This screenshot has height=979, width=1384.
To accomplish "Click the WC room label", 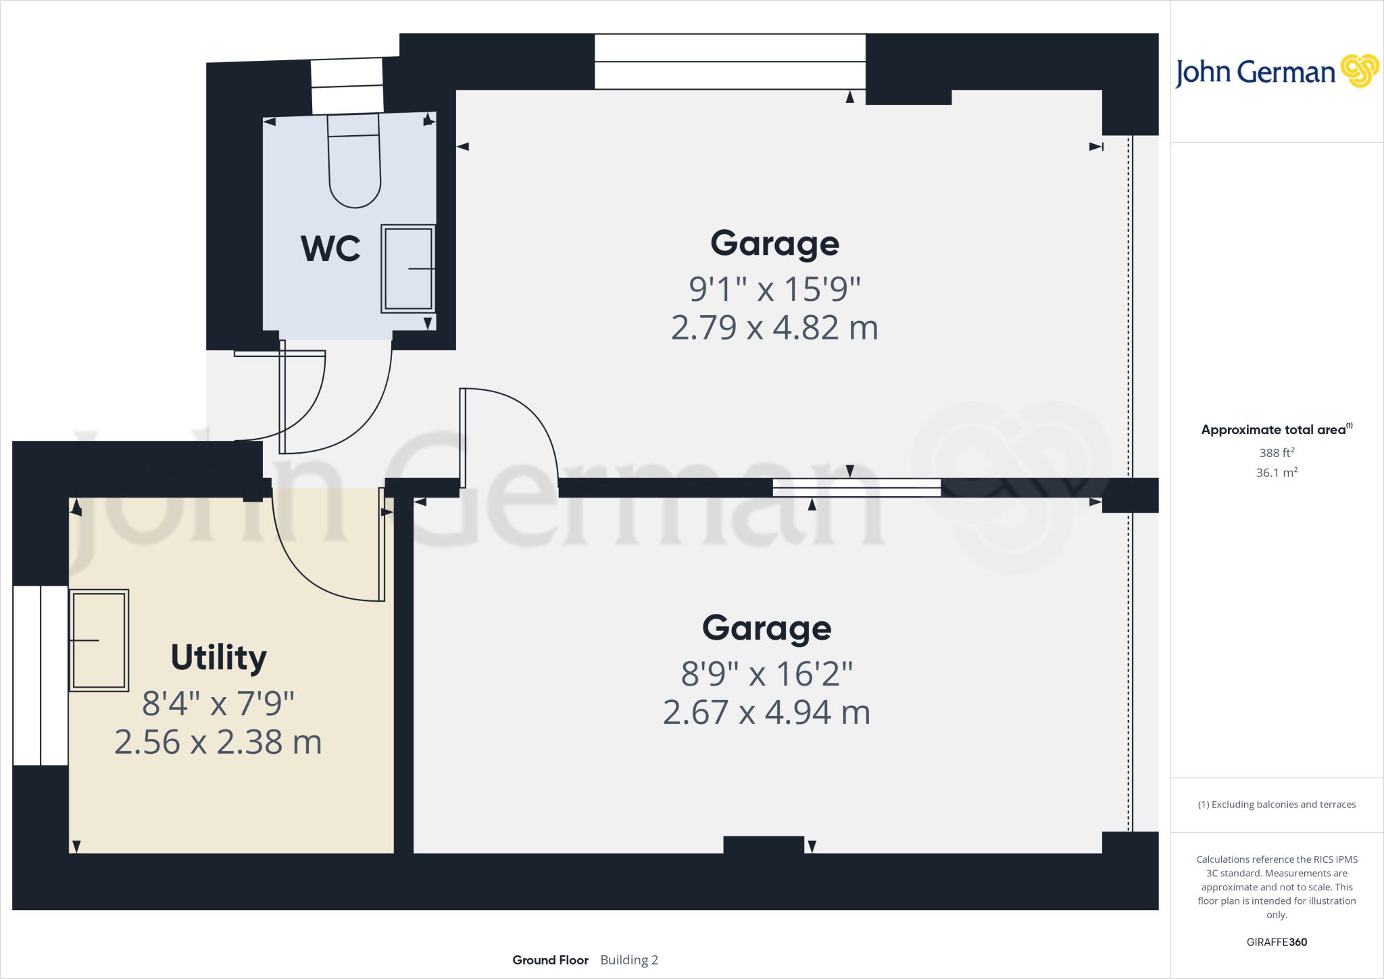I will pyautogui.click(x=330, y=249).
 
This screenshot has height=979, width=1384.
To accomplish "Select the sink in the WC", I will pyautogui.click(x=408, y=268).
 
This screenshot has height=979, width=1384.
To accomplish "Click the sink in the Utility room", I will pyautogui.click(x=99, y=640).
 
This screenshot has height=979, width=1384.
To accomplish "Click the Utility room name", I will pyautogui.click(x=218, y=658).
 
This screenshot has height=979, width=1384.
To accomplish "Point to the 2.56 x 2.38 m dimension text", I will pyautogui.click(x=218, y=742).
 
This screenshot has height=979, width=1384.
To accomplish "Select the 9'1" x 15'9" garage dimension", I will pyautogui.click(x=774, y=289).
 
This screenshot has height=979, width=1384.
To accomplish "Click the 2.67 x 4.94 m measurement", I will pyautogui.click(x=766, y=713).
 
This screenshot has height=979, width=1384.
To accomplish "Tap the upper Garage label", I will pyautogui.click(x=774, y=243).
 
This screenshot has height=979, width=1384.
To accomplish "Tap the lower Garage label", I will pyautogui.click(x=766, y=628).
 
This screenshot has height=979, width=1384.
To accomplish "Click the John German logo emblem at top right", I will pyautogui.click(x=1360, y=71).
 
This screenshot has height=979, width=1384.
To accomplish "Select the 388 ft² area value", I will pyautogui.click(x=1277, y=452).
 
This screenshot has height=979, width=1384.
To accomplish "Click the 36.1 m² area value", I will pyautogui.click(x=1277, y=473).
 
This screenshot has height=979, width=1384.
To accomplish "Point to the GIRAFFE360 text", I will pyautogui.click(x=1277, y=942).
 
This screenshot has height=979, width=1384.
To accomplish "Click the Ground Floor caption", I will pyautogui.click(x=550, y=960).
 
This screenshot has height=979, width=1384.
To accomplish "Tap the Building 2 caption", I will pyautogui.click(x=629, y=960).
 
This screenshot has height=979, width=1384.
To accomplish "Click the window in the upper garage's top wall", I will pyautogui.click(x=730, y=62).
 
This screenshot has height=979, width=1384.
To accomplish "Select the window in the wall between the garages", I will pyautogui.click(x=856, y=487).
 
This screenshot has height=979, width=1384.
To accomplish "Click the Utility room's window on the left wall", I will pyautogui.click(x=40, y=675).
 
